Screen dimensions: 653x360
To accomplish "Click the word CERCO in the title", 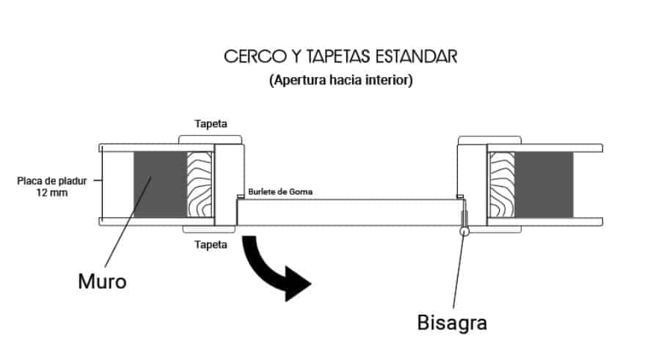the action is (x=255, y=56).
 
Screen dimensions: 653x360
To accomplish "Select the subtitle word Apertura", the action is (x=299, y=79).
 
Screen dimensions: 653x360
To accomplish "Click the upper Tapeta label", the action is (x=211, y=124).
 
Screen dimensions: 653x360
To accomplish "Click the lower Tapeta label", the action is (x=211, y=245).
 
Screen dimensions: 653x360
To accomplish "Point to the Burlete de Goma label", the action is (x=280, y=192).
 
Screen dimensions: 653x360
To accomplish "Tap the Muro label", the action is (x=103, y=282).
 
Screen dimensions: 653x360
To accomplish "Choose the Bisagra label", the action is (x=452, y=323).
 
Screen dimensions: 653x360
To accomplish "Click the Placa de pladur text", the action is (x=52, y=181).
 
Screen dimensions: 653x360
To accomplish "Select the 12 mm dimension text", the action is (x=52, y=193).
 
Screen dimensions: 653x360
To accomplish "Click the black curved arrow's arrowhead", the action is (x=297, y=284).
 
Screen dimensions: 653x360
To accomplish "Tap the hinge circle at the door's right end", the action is (x=464, y=231).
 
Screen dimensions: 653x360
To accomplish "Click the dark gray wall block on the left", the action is (x=161, y=184).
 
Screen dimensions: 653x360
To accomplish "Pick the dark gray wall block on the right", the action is (x=544, y=184).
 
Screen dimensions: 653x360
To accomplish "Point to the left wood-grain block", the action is (x=200, y=184).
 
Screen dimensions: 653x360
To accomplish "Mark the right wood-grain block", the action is (x=502, y=184).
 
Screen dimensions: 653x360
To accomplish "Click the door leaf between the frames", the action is (x=351, y=213).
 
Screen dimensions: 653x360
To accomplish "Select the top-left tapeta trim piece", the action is (x=211, y=140).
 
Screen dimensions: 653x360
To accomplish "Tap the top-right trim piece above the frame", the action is (x=490, y=140).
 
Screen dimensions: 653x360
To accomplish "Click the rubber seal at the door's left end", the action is (x=241, y=196).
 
